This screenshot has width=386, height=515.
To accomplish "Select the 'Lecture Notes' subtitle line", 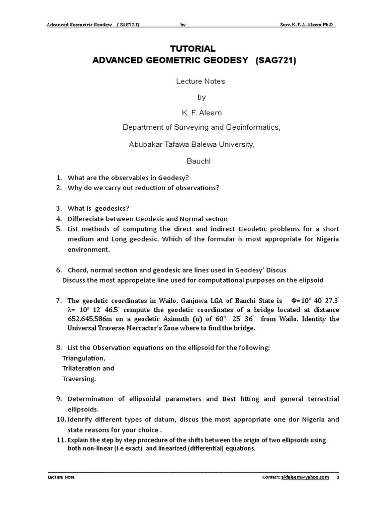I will [x=192, y=81].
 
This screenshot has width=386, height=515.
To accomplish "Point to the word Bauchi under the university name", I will [x=192, y=161].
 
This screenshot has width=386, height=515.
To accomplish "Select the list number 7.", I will [x=58, y=301].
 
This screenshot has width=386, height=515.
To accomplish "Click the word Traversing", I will [x=79, y=378].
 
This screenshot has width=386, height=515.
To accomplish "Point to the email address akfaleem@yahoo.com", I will [x=305, y=477].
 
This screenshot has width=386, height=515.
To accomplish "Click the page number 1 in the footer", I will [x=338, y=477].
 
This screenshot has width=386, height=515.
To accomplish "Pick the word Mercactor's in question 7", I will [x=154, y=328].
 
